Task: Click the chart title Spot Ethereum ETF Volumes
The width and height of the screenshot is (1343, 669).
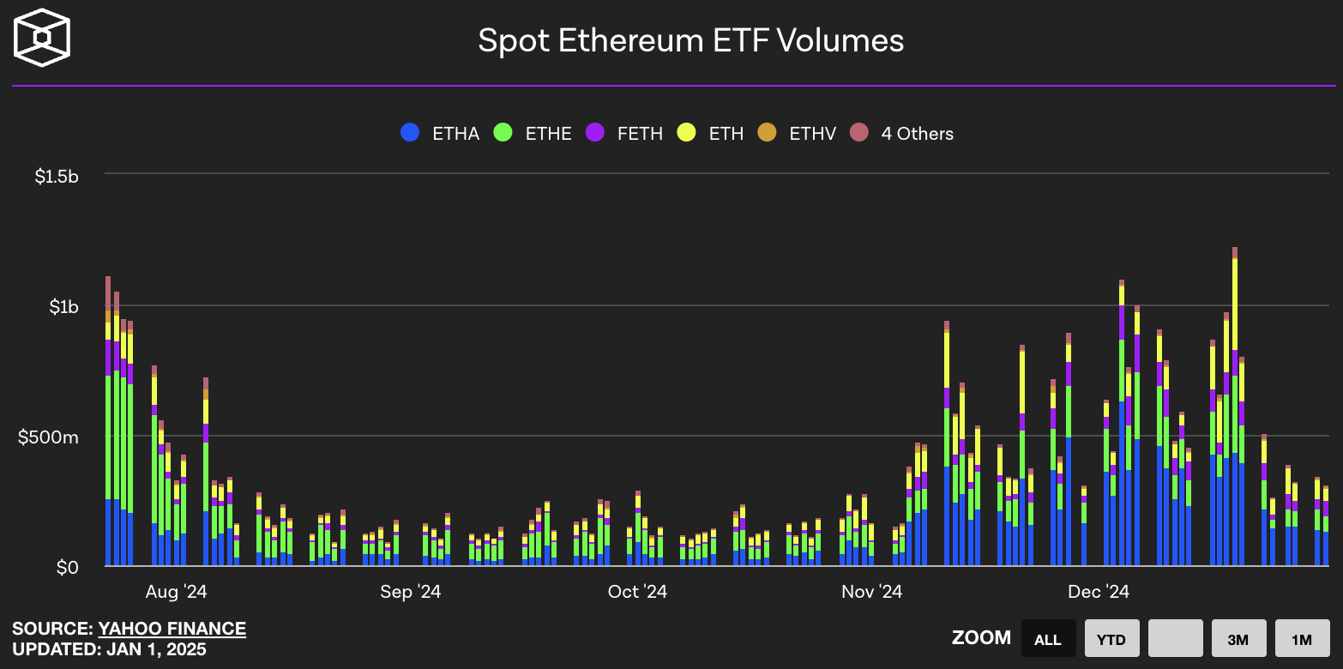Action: tap(690, 41)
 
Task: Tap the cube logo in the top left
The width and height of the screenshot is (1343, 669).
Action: tap(41, 38)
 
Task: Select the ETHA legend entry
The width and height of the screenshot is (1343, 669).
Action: tap(440, 133)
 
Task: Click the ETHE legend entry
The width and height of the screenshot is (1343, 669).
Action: tap(533, 133)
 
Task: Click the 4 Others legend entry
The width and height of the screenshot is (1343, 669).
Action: tap(901, 133)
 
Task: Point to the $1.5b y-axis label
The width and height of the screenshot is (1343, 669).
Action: tap(57, 177)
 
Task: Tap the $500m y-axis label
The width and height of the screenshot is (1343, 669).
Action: tap(48, 437)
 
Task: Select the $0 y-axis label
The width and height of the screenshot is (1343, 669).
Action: tap(68, 568)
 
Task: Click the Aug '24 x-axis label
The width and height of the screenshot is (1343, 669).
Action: tap(176, 592)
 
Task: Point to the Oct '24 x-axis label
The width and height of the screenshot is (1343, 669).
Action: tap(637, 592)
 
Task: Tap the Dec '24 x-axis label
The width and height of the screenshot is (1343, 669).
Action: tap(1099, 592)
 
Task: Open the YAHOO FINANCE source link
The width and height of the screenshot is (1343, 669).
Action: tap(172, 629)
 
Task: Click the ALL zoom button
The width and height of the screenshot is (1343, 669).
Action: tap(1047, 639)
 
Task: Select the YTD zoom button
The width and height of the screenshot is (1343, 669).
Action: tap(1111, 639)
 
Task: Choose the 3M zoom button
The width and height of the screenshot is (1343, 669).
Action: tap(1238, 639)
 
